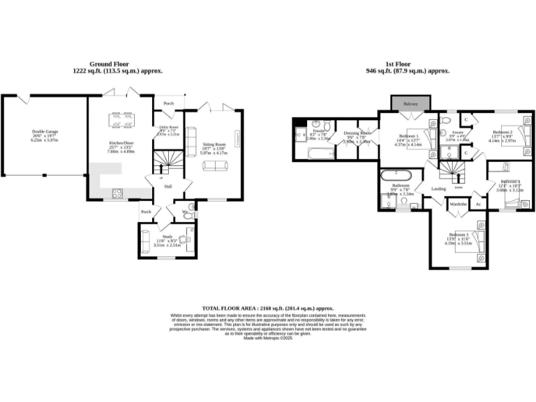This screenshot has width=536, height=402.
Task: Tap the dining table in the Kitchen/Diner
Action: pos(120,121)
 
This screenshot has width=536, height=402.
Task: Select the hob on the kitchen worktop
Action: pos(117,193)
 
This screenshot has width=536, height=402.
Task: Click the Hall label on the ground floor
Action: pos(167,186)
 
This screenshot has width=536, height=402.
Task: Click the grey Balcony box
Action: pos(411,104)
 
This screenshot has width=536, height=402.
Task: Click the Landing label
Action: pos(438,188)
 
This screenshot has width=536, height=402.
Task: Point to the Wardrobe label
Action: pos(458,204)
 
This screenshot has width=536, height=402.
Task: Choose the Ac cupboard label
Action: pos(478,204)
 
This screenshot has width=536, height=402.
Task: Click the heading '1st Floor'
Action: pos(408,63)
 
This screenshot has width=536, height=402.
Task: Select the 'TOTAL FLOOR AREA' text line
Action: pos(268,308)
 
